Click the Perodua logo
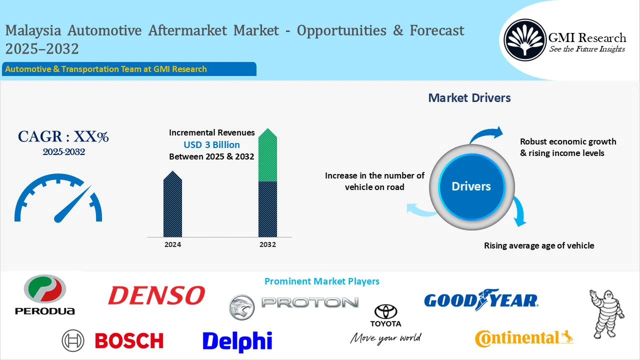tap(45, 294)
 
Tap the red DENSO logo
tap(156, 295)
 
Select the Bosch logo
tap(113, 341)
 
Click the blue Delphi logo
tap(237, 341)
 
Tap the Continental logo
tap(524, 338)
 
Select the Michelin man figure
tap(606, 313)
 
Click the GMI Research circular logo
tap(524, 39)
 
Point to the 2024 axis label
tap(172, 245)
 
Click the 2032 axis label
tap(267, 245)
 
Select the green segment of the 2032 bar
tap(267, 157)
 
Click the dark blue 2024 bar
tap(172, 206)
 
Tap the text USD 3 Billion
tap(211, 145)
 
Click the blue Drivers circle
tap(471, 186)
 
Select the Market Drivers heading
tap(469, 98)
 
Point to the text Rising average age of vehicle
tap(539, 245)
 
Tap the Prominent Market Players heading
tap(321, 281)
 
